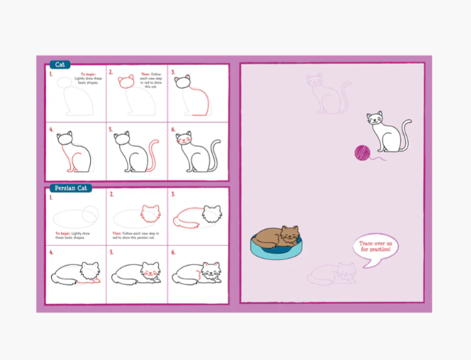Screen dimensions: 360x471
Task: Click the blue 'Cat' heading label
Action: coord(59,64)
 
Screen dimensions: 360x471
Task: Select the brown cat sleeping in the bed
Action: coord(278,236)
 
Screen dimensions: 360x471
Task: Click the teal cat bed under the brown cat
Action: coord(275,249)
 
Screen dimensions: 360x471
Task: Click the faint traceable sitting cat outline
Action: coord(325,94)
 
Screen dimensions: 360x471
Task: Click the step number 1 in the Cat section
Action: coord(51,73)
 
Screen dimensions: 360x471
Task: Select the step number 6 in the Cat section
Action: coord(172,130)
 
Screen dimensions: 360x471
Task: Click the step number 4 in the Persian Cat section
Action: coord(51,252)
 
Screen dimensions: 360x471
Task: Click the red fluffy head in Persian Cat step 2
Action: coord(150,213)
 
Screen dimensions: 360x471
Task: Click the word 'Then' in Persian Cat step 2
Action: coord(118,233)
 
